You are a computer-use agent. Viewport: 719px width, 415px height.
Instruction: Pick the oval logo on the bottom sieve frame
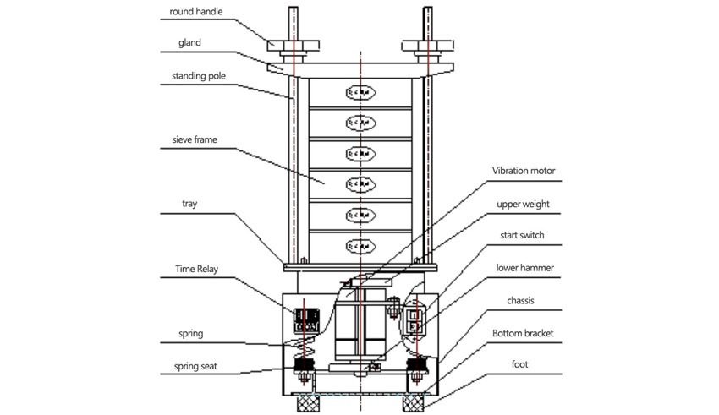pyautogui.click(x=359, y=245)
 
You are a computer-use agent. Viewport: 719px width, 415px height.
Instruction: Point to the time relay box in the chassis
pyautogui.click(x=304, y=319)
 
